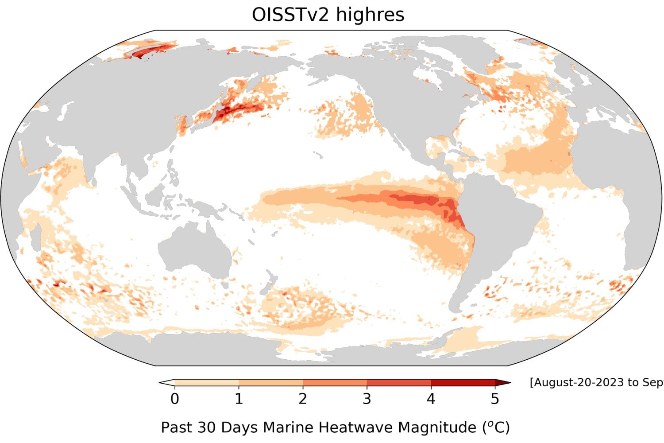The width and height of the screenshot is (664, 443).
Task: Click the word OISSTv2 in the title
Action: (x=290, y=15)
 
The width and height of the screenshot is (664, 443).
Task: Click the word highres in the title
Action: (x=370, y=15)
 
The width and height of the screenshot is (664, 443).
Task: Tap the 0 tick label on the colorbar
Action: (x=174, y=399)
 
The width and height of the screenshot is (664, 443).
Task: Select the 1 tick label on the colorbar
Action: (x=239, y=399)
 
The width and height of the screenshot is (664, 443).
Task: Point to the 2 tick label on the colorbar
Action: (x=303, y=399)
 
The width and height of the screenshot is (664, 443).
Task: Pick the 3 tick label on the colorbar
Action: (x=367, y=399)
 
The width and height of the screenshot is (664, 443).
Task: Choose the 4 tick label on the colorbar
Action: (x=431, y=399)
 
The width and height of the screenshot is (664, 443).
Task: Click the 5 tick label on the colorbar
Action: (x=495, y=399)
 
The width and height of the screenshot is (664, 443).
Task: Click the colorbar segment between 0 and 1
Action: (x=207, y=382)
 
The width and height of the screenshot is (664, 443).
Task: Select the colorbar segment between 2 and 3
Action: (x=335, y=382)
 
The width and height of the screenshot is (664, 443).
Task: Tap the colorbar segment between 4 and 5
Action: (x=463, y=382)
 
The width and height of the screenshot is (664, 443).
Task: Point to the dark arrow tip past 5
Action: (x=503, y=382)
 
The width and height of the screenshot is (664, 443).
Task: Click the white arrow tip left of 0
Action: (x=167, y=382)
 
